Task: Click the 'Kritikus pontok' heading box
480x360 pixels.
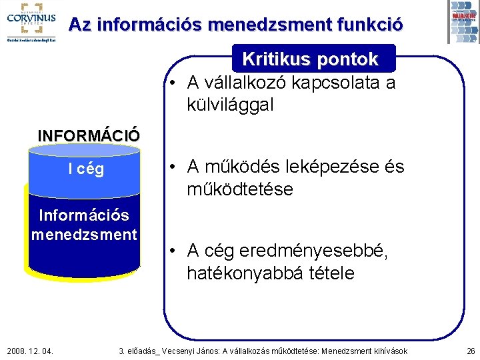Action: point(310,59)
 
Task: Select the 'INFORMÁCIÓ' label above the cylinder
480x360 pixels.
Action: point(89,135)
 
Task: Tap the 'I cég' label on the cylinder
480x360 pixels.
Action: point(86,169)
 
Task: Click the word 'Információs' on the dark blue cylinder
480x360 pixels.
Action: point(84,215)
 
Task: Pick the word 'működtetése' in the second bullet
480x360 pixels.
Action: point(239,189)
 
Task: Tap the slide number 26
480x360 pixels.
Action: point(471,351)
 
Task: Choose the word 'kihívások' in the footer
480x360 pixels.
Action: point(389,351)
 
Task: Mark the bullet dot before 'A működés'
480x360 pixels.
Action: point(172,167)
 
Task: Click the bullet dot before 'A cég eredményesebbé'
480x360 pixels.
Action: point(172,251)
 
